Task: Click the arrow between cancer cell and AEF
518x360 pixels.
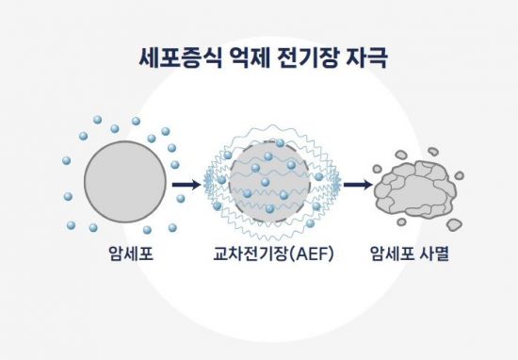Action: click(x=189, y=184)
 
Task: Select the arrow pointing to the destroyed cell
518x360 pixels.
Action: click(x=355, y=184)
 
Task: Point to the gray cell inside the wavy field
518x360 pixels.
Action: click(x=269, y=184)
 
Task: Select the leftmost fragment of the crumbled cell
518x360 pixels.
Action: click(x=378, y=170)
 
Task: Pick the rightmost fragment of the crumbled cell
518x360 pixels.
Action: click(x=460, y=174)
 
